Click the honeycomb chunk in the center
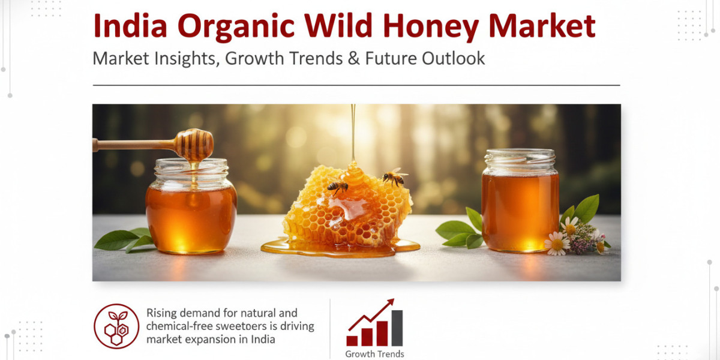pos(345,207)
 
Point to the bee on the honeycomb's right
pos(395,177)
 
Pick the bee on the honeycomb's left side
pos(338,187)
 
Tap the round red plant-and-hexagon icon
pos(116,326)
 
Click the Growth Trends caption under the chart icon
pos(374,354)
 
